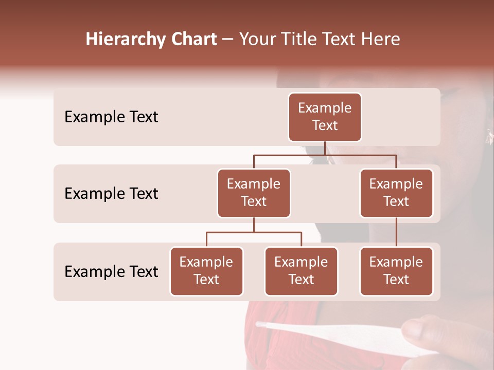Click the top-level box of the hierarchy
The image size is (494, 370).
tap(325, 117)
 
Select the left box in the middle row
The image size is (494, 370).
tap(254, 193)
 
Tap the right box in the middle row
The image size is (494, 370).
tap(396, 193)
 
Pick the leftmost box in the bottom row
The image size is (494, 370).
tap(206, 271)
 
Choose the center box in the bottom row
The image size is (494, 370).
tap(301, 271)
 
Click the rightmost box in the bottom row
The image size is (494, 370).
tap(396, 271)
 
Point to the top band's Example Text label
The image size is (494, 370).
tap(111, 117)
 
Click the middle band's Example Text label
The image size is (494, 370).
tap(111, 194)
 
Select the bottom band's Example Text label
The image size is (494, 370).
tap(111, 271)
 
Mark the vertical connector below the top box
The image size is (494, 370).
tap(325, 148)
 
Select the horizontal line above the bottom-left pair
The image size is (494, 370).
tap(254, 232)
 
